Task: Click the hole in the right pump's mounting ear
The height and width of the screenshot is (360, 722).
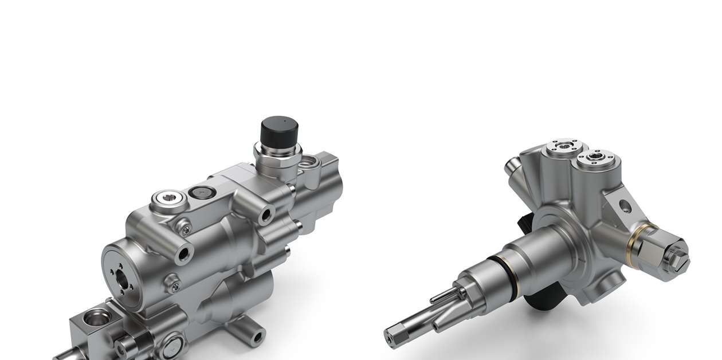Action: [x=625, y=205]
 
